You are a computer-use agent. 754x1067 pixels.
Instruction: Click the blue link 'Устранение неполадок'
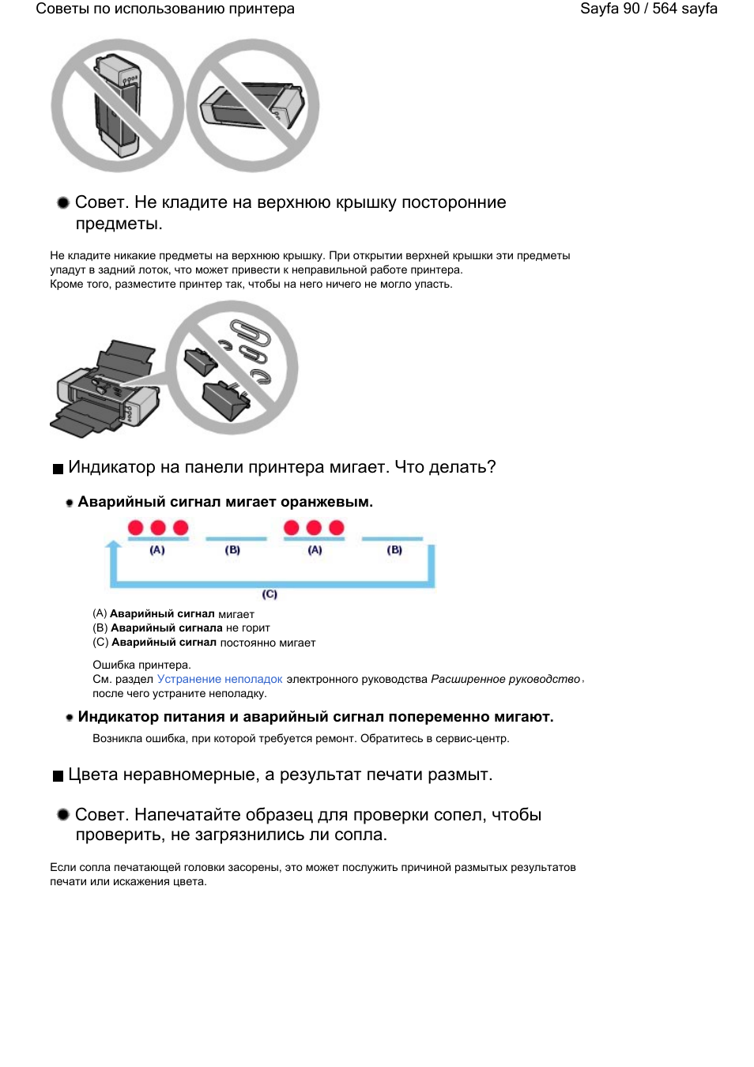coord(219,679)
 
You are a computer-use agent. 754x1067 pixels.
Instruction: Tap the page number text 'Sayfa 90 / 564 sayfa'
coord(648,9)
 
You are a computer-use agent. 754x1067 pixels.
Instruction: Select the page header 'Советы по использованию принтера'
coord(165,9)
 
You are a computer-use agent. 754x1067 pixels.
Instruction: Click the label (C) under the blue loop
coord(270,594)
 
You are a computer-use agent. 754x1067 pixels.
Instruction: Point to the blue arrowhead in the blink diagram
coord(114,545)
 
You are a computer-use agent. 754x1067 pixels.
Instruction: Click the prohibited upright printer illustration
coord(118,105)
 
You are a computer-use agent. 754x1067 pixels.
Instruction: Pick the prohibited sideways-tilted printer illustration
coord(253,105)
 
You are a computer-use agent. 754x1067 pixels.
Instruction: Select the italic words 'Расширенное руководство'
coord(505,679)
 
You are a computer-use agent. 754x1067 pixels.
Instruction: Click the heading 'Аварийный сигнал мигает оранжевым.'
coord(225,502)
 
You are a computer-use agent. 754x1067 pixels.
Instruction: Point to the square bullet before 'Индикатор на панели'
coord(58,469)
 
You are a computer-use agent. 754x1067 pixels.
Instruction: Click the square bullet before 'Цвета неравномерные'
coord(58,776)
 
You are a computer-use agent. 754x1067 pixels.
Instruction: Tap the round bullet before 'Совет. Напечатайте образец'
coord(63,814)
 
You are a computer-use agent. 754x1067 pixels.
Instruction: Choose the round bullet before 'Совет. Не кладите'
coord(63,202)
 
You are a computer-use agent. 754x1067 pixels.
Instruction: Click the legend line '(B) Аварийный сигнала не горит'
coord(181,628)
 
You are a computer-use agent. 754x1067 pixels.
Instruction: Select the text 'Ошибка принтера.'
coord(141,665)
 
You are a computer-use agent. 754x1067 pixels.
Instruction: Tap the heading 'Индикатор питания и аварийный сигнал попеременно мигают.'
coord(315,717)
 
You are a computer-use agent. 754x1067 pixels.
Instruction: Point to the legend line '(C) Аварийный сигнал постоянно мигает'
coord(204,643)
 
